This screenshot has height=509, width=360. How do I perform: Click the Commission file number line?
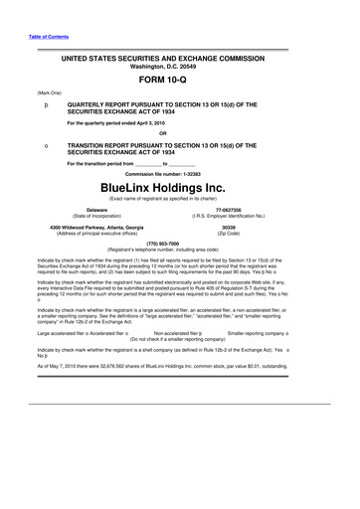pos(179,173)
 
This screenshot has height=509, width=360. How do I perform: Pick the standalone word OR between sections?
pos(179,135)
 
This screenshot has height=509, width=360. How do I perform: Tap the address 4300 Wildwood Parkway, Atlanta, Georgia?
pos(97,228)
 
